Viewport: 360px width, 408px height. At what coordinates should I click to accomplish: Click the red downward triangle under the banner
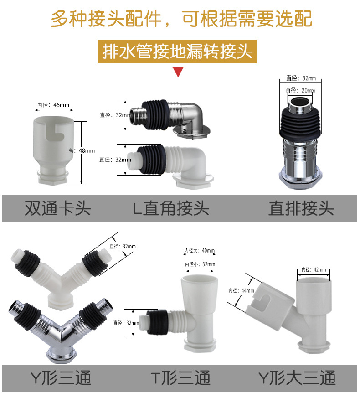pyautogui.click(x=178, y=72)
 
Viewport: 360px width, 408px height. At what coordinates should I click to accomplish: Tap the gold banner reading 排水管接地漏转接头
pyautogui.click(x=177, y=52)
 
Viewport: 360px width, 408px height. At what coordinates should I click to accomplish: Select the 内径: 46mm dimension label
pyautogui.click(x=53, y=105)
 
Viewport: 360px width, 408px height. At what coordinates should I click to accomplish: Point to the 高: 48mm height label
pyautogui.click(x=82, y=150)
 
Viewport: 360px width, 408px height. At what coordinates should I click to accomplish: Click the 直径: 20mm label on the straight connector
pyautogui.click(x=300, y=90)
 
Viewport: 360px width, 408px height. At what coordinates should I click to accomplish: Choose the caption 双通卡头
pyautogui.click(x=58, y=208)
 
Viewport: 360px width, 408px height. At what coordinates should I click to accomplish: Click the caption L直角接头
pyautogui.click(x=171, y=208)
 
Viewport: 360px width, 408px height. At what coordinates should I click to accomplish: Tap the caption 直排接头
pyautogui.click(x=301, y=208)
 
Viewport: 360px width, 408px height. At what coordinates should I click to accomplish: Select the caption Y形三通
pyautogui.click(x=61, y=378)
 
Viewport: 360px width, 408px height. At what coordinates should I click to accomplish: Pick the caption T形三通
pyautogui.click(x=180, y=378)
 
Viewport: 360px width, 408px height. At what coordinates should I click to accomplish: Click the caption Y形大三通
pyautogui.click(x=297, y=378)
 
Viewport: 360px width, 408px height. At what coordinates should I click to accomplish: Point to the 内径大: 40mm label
pyautogui.click(x=200, y=251)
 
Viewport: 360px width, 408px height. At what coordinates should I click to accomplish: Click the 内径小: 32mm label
pyautogui.click(x=200, y=264)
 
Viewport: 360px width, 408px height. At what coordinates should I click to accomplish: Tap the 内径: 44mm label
pyautogui.click(x=242, y=290)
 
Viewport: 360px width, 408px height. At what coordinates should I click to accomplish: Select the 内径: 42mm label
pyautogui.click(x=314, y=269)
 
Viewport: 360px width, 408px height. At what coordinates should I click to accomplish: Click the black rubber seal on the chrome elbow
pyautogui.click(x=156, y=115)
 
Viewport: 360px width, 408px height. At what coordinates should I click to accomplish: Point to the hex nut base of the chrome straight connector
pyautogui.click(x=300, y=179)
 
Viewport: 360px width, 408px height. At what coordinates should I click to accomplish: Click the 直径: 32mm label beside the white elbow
pyautogui.click(x=115, y=160)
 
